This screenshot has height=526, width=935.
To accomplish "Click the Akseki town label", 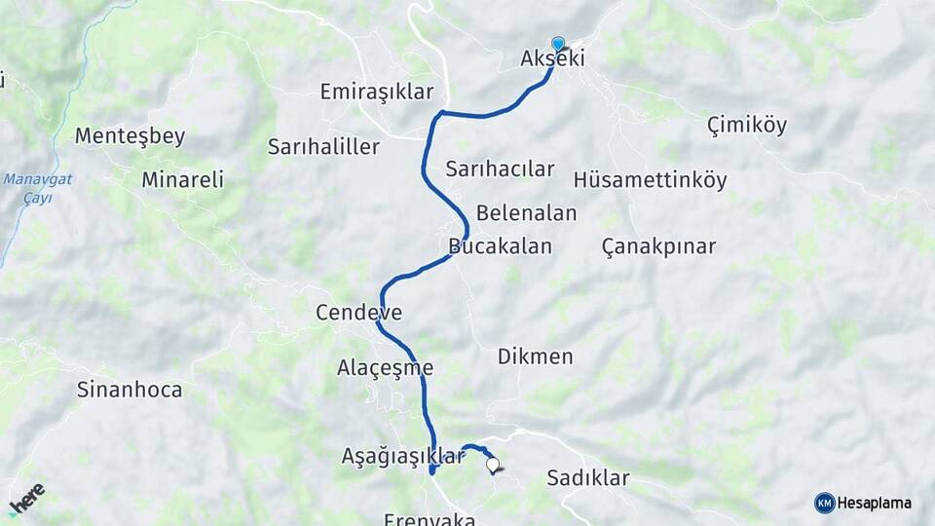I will click(552, 59).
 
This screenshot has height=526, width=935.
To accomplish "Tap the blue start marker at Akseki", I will click(558, 44).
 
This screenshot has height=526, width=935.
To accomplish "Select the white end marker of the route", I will click(493, 466).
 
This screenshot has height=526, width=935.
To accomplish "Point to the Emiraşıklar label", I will click(376, 92).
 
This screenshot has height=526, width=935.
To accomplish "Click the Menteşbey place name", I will click(130, 136).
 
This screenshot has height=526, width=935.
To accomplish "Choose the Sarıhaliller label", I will click(323, 147).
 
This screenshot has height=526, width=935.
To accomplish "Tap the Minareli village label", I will click(182, 179).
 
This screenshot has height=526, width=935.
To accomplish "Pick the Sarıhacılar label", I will click(500, 169).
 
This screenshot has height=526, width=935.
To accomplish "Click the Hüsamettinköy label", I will click(651, 180).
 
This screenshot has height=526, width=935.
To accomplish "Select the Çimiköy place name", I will click(747, 125).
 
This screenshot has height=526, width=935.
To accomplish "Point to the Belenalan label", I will click(526, 212).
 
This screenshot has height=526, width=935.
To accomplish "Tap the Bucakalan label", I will click(501, 245).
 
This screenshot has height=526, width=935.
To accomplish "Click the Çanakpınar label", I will click(658, 245).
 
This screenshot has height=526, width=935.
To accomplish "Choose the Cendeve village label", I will click(358, 313).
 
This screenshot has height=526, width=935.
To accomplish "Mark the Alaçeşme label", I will click(385, 368).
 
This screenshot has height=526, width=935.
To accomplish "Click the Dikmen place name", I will click(535, 357).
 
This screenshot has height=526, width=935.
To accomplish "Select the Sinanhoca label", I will click(130, 390).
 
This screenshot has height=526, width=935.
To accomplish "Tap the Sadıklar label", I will click(587, 478).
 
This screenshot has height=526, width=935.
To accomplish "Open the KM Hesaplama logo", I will click(863, 503).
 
